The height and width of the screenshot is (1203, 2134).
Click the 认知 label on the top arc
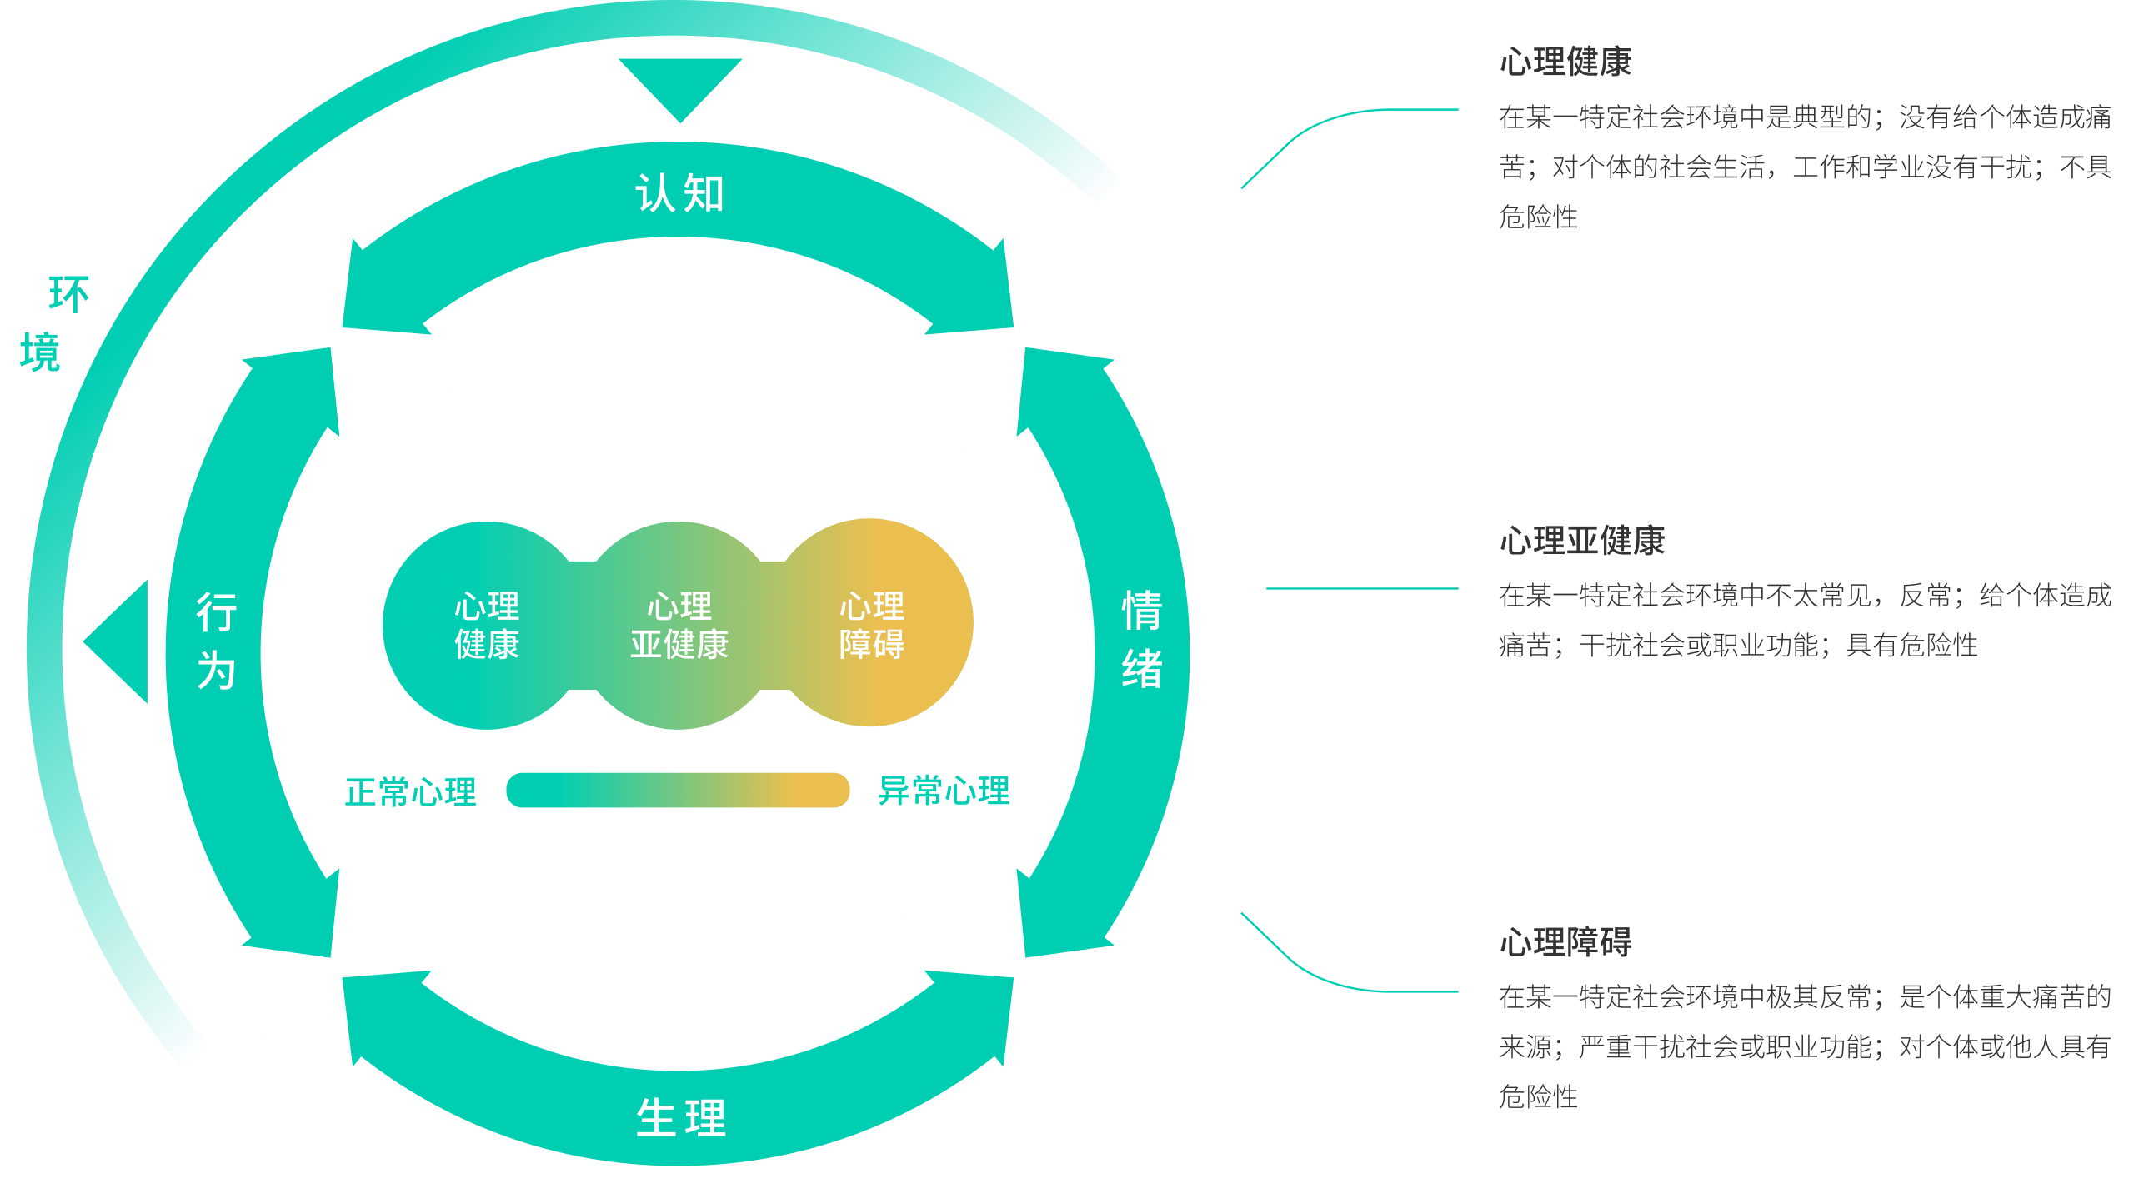[679, 194]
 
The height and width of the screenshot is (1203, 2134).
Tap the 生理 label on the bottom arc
[680, 1117]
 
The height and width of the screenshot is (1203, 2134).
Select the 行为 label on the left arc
[216, 641]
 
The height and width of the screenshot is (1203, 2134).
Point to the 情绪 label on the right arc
[1141, 639]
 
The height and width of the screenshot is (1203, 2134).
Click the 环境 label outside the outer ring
[53, 324]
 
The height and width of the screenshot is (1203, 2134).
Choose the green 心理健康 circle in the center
[486, 625]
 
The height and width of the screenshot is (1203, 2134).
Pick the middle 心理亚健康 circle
[679, 625]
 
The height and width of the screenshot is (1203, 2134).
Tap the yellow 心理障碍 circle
[872, 625]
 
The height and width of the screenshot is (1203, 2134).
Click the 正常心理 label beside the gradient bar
[410, 791]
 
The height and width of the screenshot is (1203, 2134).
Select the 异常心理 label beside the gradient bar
[944, 791]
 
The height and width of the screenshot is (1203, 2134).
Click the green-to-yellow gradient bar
[678, 790]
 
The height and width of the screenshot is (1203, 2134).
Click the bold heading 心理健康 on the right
[1565, 62]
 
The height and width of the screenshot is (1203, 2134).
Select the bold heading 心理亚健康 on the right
[1581, 541]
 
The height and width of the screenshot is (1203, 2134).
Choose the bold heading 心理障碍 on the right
[1565, 942]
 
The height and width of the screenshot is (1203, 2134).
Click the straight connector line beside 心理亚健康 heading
[1362, 588]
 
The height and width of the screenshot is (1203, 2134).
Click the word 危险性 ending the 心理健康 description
[1538, 217]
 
